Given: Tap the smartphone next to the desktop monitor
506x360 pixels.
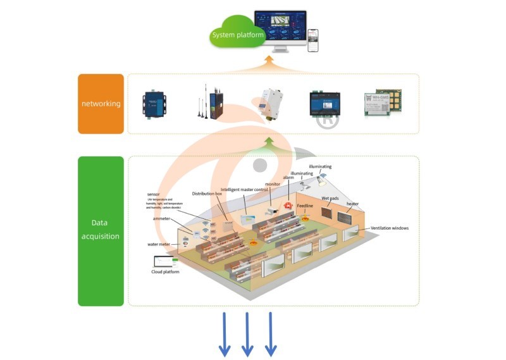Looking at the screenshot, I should [312, 40].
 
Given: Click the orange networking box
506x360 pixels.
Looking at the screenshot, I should [101, 104].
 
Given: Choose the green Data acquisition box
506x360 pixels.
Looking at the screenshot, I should [101, 231].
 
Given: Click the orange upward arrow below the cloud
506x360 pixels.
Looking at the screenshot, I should [269, 62].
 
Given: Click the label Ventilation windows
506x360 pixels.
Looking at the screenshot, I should [389, 228].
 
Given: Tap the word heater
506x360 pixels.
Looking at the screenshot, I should [352, 204].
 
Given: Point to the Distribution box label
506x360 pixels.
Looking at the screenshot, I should [207, 194].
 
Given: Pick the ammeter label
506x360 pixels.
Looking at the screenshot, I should [162, 218].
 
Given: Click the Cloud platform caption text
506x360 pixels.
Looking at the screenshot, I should [165, 271].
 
